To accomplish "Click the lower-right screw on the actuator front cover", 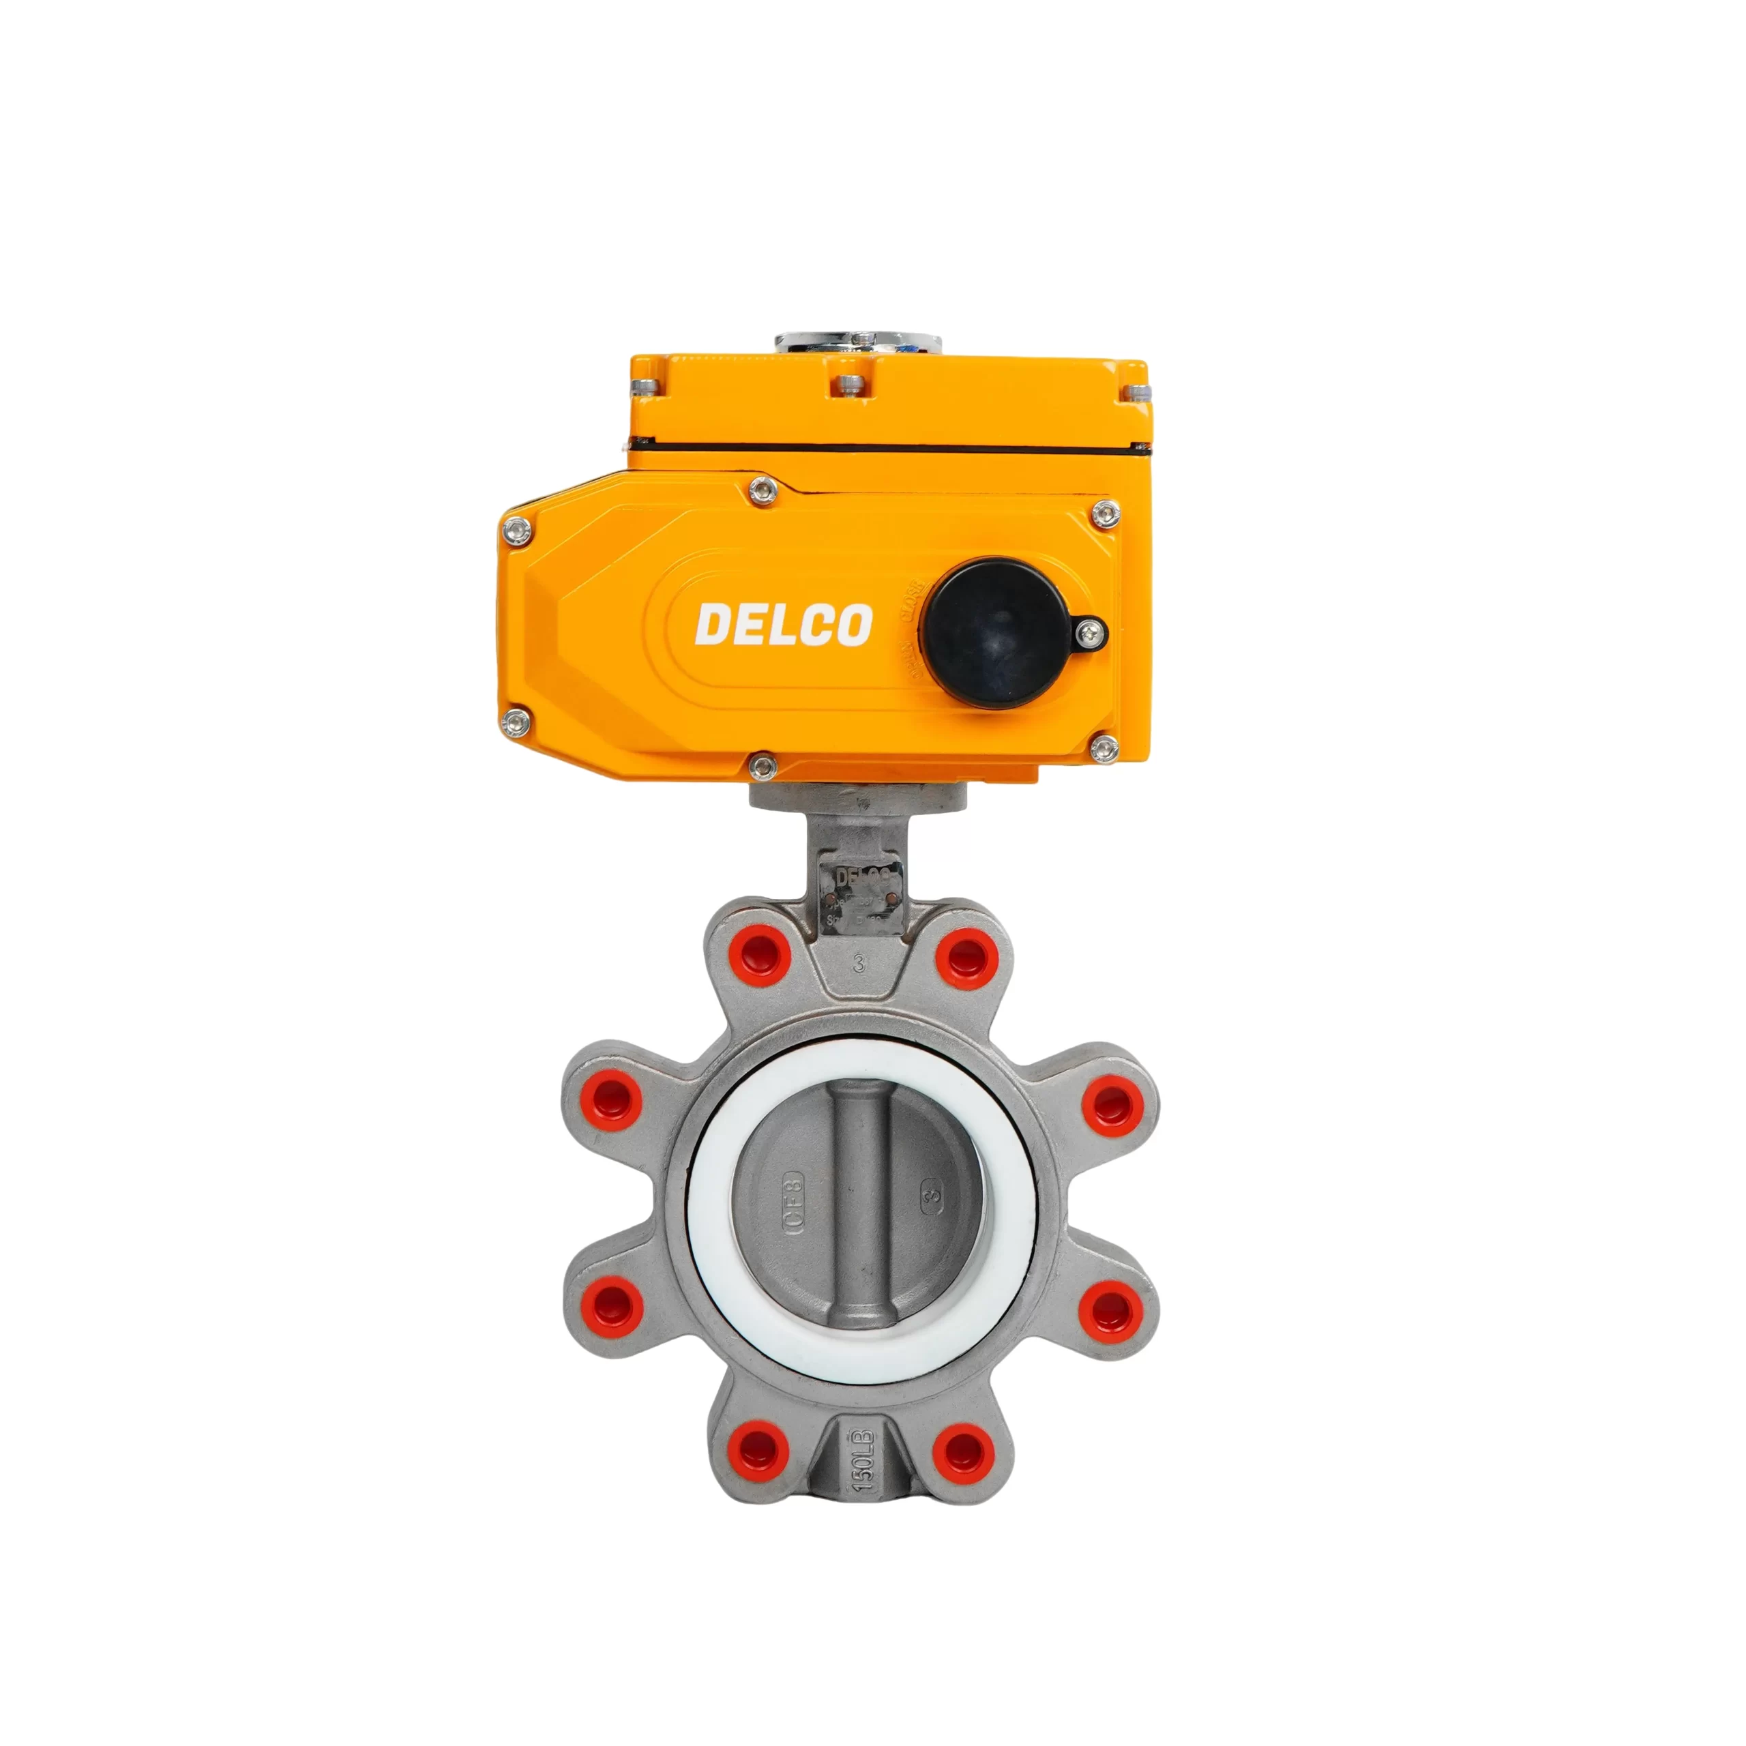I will click(1103, 746).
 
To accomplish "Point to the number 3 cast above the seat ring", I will click(859, 964).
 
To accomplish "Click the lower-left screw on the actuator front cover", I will click(516, 720).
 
